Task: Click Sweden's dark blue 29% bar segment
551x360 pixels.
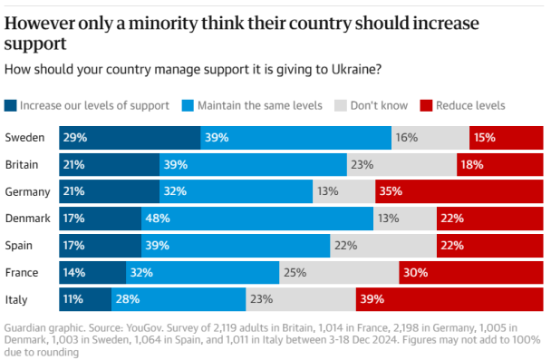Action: [x=130, y=138]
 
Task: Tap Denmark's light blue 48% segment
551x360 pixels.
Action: [x=257, y=218]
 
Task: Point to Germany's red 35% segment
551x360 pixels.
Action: [x=459, y=191]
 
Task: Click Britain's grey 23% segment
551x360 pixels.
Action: [x=401, y=164]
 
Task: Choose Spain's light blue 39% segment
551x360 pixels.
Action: [x=236, y=245]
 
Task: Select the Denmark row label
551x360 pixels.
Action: [x=26, y=218]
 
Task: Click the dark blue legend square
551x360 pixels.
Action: [x=11, y=105]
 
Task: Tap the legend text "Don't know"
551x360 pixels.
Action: [x=381, y=105]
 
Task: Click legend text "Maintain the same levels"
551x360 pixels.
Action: [x=261, y=105]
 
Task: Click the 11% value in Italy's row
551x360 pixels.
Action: [x=73, y=298]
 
